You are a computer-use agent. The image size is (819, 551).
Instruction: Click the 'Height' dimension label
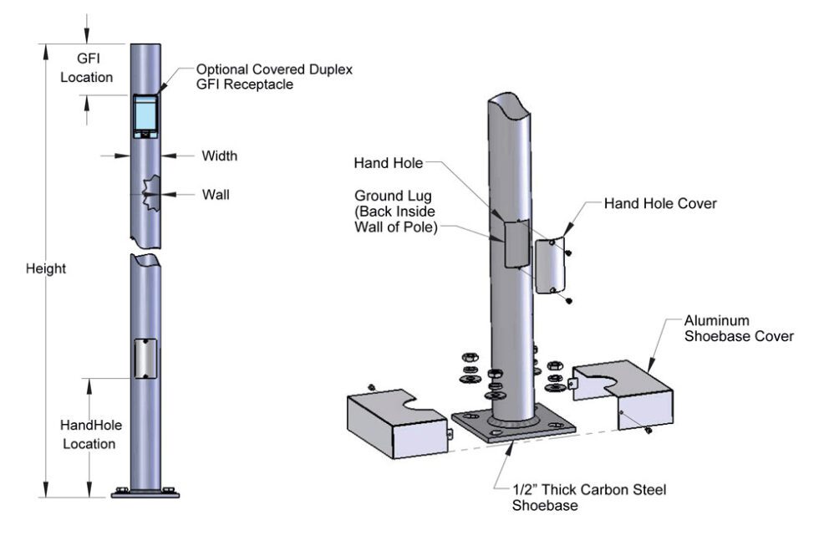click(45, 269)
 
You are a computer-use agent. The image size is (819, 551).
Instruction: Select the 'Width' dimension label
click(219, 156)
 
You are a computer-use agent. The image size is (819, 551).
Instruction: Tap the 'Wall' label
click(215, 195)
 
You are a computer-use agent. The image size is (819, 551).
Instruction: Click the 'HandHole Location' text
click(89, 434)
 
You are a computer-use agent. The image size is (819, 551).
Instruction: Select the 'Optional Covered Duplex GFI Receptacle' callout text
click(272, 77)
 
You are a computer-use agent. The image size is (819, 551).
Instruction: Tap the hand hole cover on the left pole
click(145, 359)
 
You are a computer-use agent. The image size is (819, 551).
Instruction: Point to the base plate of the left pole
click(145, 493)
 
